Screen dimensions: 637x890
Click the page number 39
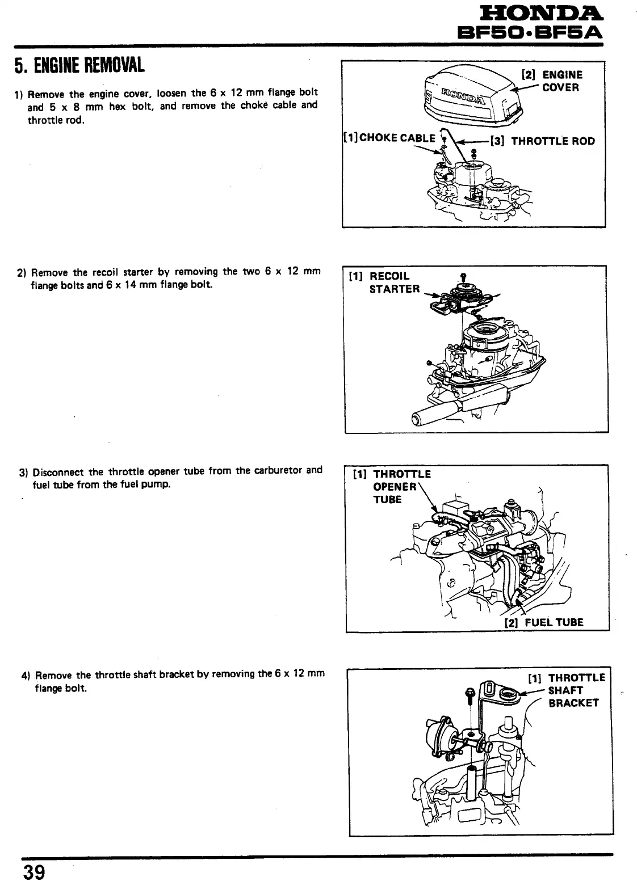[x=34, y=871]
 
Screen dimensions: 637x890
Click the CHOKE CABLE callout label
[x=392, y=138]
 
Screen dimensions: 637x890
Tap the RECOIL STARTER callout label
[x=392, y=282]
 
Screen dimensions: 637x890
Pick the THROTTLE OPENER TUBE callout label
[x=398, y=487]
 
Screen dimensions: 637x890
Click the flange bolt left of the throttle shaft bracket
[x=470, y=693]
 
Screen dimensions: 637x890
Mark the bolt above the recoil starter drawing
[x=463, y=276]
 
